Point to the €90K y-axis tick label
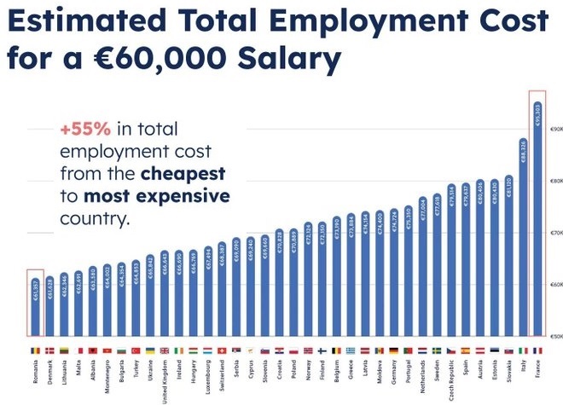[554, 129]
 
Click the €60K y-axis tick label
[554, 284]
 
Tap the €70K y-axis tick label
[554, 232]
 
